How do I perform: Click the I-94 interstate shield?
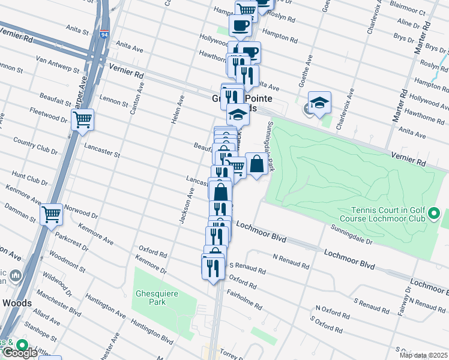point(104,35)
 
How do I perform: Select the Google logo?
point(19,353)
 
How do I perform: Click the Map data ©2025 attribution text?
point(423,355)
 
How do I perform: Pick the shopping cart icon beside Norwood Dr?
point(51,213)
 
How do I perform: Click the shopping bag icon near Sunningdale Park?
point(256,164)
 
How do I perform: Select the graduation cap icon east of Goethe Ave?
point(320,103)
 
